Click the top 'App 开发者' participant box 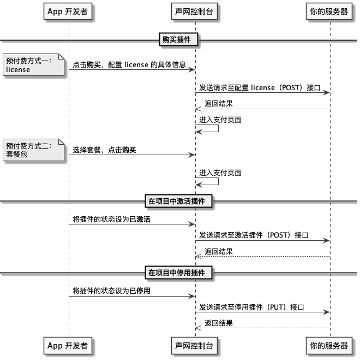click(x=68, y=11)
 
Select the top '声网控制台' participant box click(x=195, y=11)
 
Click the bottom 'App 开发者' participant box click(x=68, y=345)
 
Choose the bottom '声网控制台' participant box click(x=195, y=345)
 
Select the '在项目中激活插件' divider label click(x=177, y=201)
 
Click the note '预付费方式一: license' click(x=28, y=66)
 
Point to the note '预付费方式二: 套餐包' click(x=28, y=150)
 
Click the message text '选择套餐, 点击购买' click(x=104, y=150)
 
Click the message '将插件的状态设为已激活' click(x=112, y=219)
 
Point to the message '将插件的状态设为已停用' click(x=112, y=291)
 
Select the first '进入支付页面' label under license click(x=220, y=120)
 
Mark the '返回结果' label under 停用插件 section click(x=219, y=323)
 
